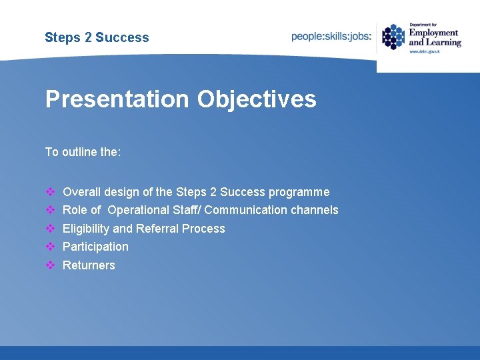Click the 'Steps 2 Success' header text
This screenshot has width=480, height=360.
(97, 37)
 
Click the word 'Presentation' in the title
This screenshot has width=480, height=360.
(117, 99)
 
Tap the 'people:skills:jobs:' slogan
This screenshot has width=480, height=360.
(331, 37)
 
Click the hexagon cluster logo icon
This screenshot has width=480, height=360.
(393, 37)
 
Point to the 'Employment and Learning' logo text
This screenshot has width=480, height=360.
(434, 37)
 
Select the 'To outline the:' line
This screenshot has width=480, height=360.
(83, 152)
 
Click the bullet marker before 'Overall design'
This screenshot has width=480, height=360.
(50, 192)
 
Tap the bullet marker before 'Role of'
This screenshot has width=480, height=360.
(50, 210)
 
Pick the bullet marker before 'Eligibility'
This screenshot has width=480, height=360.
(50, 229)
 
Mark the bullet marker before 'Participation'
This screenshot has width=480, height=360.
(50, 247)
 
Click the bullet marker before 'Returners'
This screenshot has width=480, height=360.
(50, 265)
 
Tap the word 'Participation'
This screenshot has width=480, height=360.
(95, 247)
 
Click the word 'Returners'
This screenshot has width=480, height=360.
(89, 265)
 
